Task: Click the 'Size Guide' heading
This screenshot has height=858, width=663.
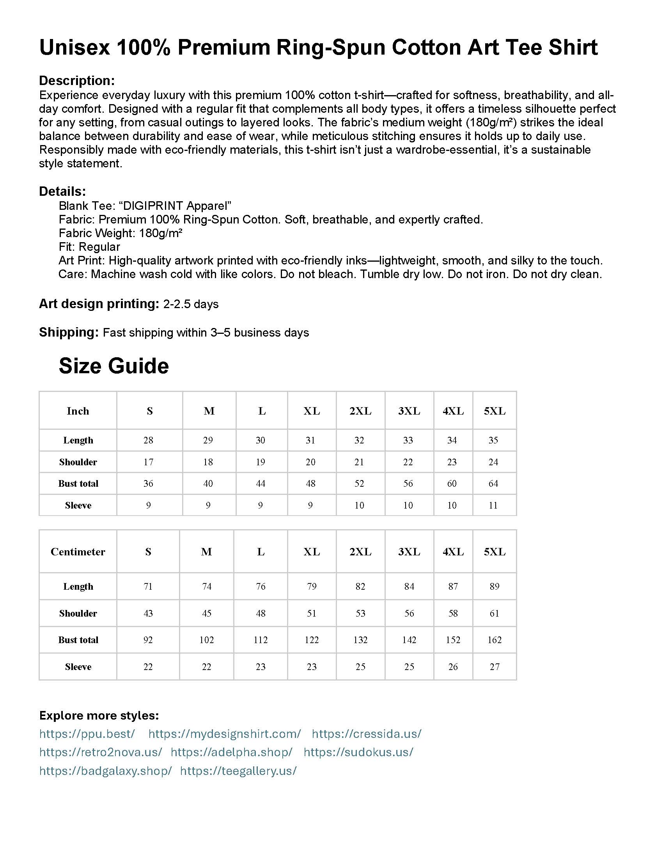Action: click(x=113, y=366)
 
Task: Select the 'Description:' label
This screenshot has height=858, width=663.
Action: click(x=76, y=81)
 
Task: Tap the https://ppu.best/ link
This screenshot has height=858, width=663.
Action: click(x=87, y=734)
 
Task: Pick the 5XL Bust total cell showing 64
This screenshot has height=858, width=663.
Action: click(x=493, y=483)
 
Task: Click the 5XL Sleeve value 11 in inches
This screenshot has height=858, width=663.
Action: click(x=493, y=505)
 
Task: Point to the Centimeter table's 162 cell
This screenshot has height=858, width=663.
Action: click(x=494, y=640)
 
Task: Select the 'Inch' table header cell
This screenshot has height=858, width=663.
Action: click(x=78, y=411)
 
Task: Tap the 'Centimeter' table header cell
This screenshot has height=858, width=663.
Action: click(x=78, y=551)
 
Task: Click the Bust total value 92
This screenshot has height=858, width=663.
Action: click(x=148, y=640)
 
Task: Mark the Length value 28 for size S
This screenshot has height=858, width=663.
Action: click(x=148, y=440)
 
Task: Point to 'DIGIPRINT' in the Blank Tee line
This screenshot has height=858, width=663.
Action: click(x=152, y=206)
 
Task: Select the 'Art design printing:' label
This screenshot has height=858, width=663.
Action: click(x=99, y=304)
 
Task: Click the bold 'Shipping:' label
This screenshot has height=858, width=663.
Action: click(x=69, y=332)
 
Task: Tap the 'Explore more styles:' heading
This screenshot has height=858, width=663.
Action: click(x=99, y=715)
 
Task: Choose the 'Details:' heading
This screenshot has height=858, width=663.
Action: click(x=62, y=191)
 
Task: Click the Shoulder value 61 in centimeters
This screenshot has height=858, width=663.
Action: click(x=494, y=613)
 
